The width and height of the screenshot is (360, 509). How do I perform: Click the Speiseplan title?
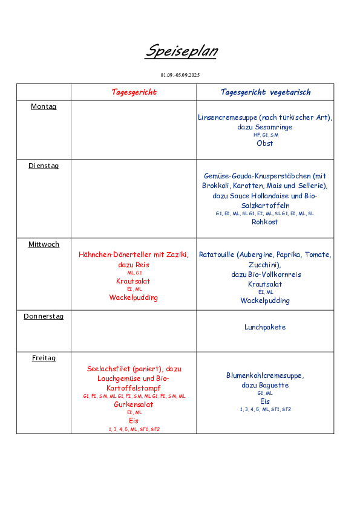point(182,51)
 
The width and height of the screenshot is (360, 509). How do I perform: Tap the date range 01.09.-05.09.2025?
point(180,75)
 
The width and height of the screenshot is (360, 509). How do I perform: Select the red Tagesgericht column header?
point(134,92)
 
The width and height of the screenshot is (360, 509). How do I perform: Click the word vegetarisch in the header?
point(290,92)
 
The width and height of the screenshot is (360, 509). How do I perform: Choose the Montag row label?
point(44,106)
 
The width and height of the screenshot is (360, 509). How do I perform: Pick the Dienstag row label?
point(44,166)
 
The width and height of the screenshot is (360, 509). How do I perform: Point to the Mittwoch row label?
point(44,244)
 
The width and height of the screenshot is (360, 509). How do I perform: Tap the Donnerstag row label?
point(44,316)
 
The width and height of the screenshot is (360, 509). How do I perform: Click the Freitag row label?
point(44,358)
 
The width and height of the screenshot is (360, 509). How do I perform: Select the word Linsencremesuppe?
point(227,117)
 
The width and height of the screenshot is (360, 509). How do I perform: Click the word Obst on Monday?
point(265,143)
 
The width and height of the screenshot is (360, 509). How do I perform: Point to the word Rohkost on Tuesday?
point(265,222)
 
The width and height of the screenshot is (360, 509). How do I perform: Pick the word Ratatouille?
point(217,254)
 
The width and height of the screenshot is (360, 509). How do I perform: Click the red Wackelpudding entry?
point(134,297)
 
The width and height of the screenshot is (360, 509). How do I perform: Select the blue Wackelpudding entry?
point(265,300)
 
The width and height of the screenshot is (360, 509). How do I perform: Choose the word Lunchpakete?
point(265,327)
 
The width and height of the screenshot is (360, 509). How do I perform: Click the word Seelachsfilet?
point(108,369)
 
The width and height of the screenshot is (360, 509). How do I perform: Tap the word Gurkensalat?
point(134,404)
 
